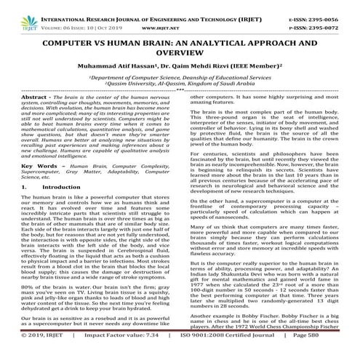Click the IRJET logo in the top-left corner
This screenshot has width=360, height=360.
pos(17,10)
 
